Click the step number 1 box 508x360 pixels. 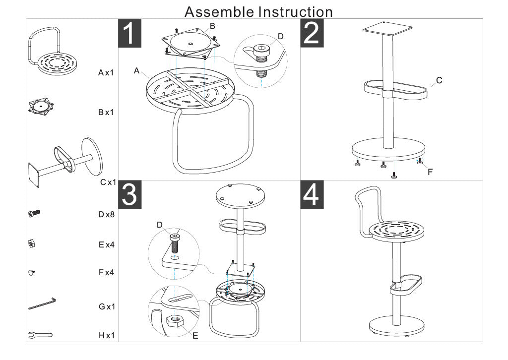[129, 33]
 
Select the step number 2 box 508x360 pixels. [313, 33]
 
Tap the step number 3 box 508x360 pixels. [129, 195]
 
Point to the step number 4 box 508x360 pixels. [313, 195]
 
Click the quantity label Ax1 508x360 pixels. [106, 73]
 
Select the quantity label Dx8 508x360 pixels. [106, 215]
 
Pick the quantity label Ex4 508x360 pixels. [106, 244]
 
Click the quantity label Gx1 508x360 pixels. [106, 306]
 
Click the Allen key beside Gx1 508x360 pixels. [42, 303]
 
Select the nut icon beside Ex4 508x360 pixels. [31, 243]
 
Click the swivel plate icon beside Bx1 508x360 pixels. [40, 107]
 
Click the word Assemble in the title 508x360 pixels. [220, 11]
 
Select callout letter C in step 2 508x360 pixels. [439, 80]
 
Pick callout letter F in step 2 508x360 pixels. [430, 172]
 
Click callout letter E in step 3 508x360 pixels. [195, 336]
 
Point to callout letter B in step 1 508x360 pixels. [212, 25]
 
